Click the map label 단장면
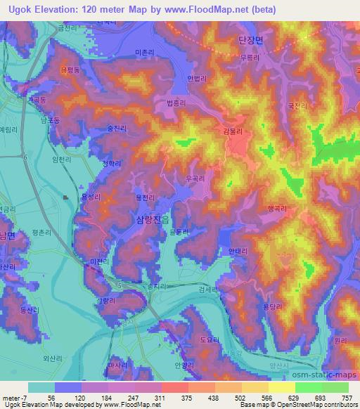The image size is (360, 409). point(250,41)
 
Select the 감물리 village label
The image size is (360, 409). point(232,131)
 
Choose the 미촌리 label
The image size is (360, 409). point(143,53)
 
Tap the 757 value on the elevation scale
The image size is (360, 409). point(347,398)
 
